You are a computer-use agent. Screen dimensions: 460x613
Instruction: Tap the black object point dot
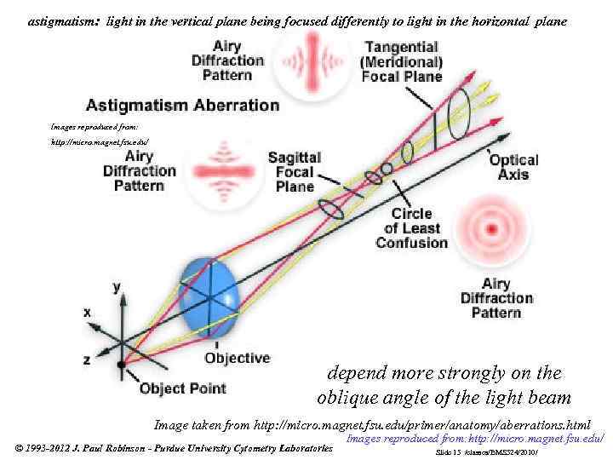pos(122,365)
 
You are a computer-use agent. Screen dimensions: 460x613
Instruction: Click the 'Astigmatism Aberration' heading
pos(182,106)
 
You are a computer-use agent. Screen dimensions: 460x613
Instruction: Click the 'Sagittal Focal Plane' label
pos(295,172)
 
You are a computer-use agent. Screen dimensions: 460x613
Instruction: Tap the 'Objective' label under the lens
pos(237,358)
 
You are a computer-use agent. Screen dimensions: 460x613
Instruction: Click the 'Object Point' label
pos(183,388)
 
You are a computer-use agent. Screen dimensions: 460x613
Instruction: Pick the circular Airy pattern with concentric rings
pos(490,227)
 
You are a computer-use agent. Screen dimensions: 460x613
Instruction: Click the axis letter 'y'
pos(117,287)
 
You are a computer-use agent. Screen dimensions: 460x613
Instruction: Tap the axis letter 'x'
pos(87,313)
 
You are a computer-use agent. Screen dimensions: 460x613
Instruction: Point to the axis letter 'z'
pos(87,359)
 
